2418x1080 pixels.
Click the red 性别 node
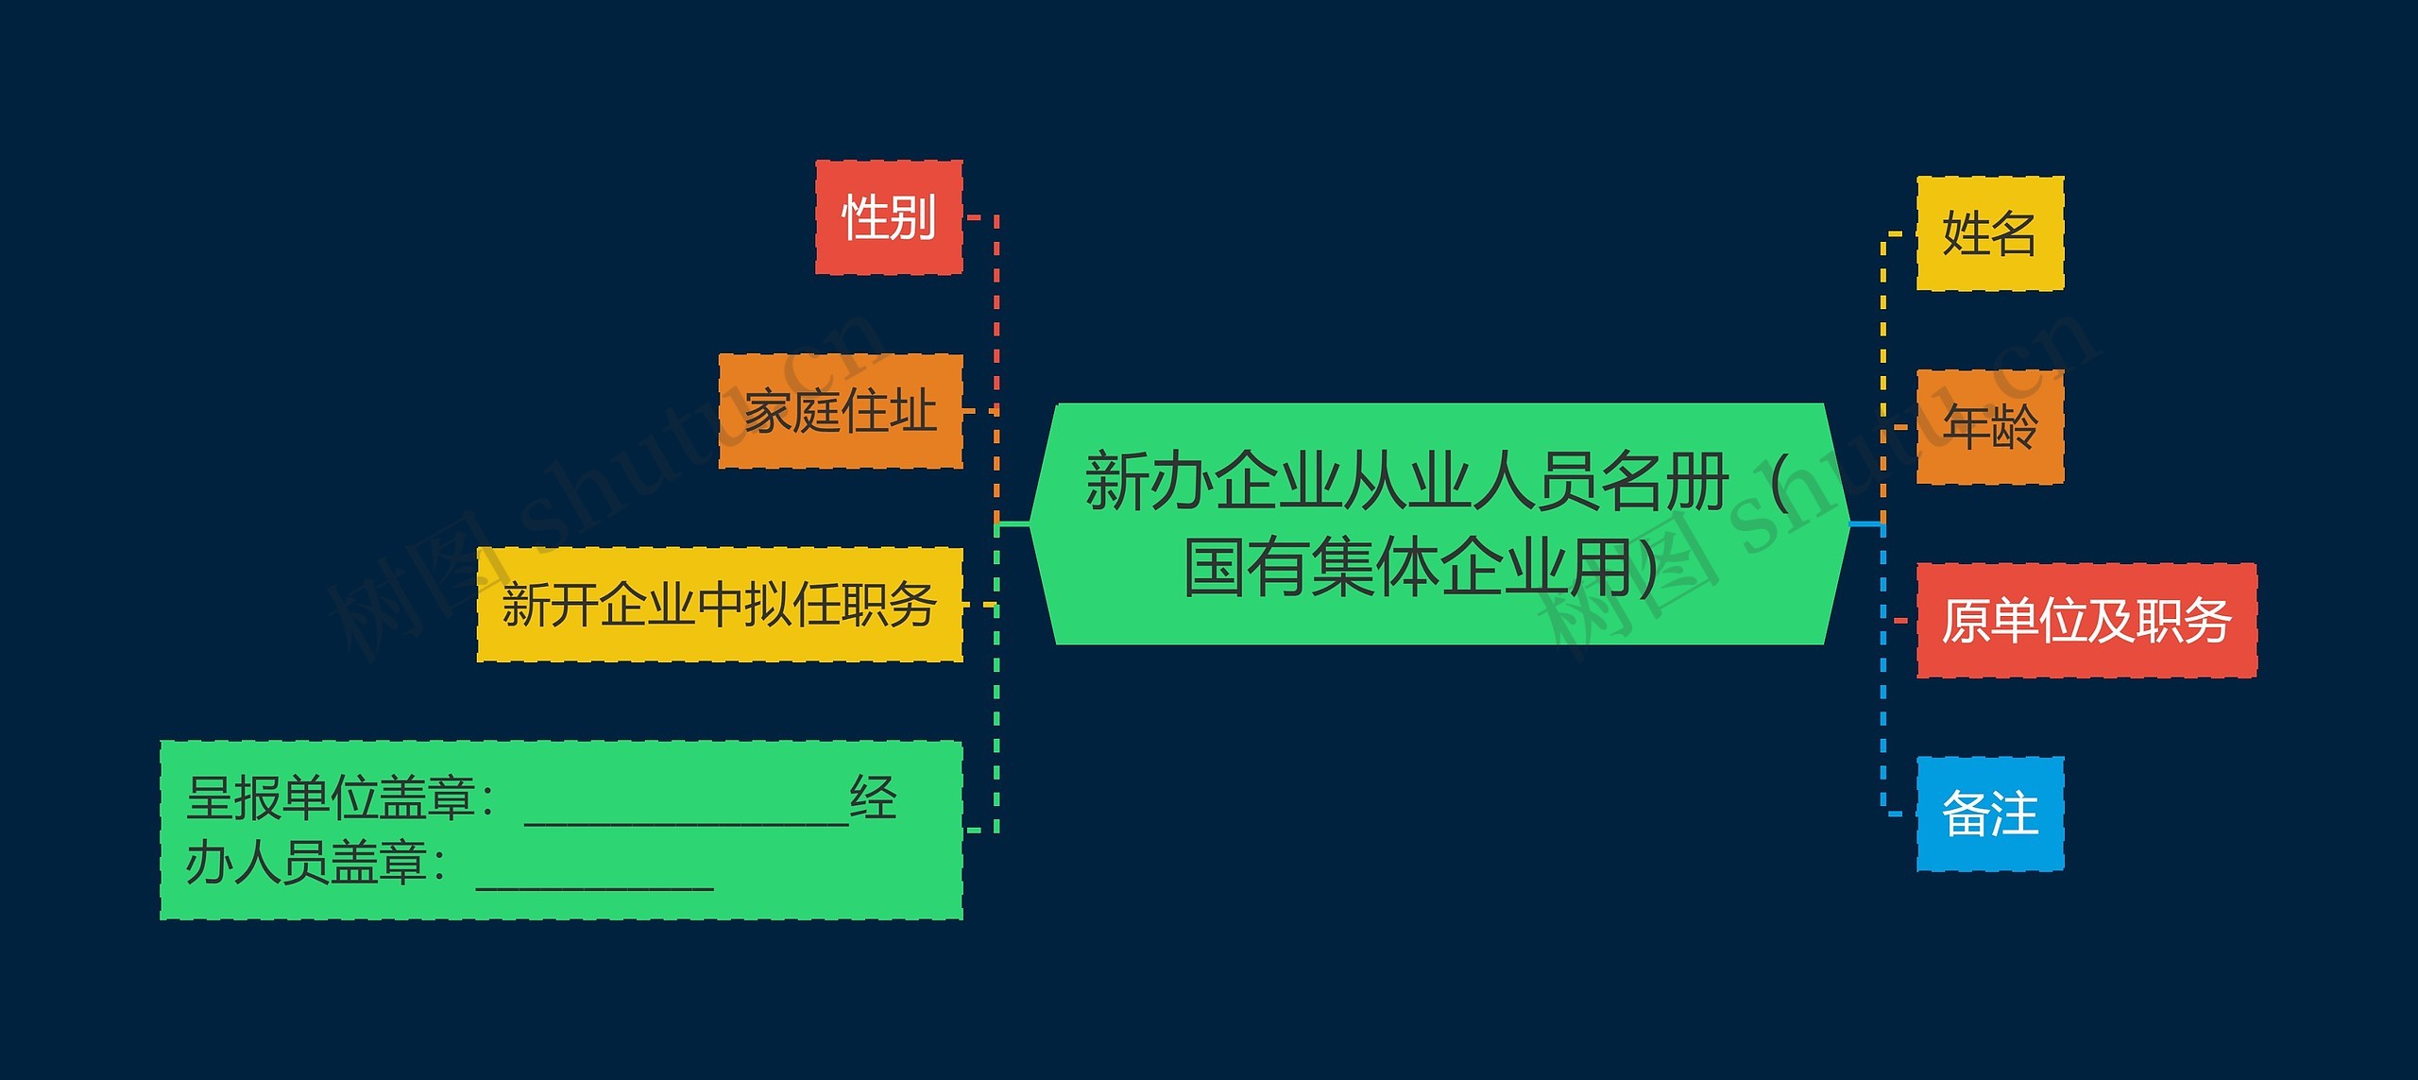point(889,217)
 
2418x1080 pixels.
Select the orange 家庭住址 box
point(841,411)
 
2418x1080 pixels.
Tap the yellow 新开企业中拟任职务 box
point(720,605)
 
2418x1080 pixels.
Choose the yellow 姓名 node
point(1989,233)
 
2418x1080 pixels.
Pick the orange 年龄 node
point(1989,427)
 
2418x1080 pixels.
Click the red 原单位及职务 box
point(2086,621)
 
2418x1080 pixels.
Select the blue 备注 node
point(1989,814)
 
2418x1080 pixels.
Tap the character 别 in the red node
point(912,217)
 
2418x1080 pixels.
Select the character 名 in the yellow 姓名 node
point(2013,233)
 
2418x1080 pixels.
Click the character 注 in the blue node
point(2014,814)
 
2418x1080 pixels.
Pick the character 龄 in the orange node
point(2014,427)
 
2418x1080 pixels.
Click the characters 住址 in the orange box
point(889,411)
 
